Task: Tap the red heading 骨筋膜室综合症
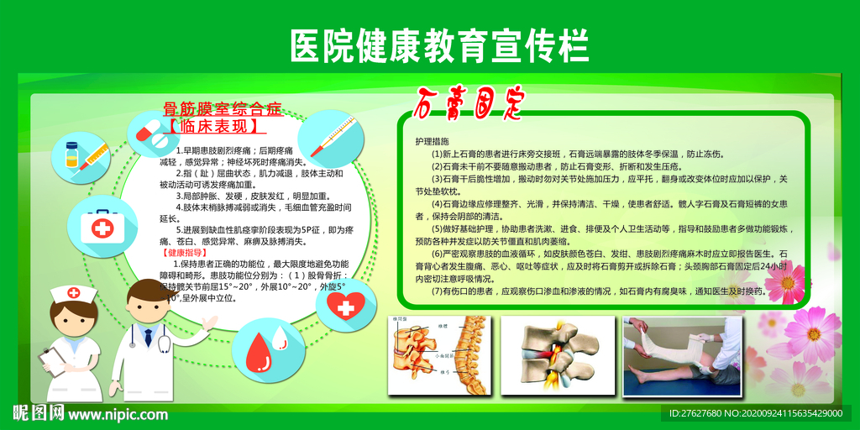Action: [222, 109]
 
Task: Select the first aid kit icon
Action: [103, 227]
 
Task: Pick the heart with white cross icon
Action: [344, 305]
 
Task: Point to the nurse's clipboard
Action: [50, 361]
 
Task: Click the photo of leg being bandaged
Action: [681, 353]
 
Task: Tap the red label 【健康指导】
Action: [181, 252]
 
